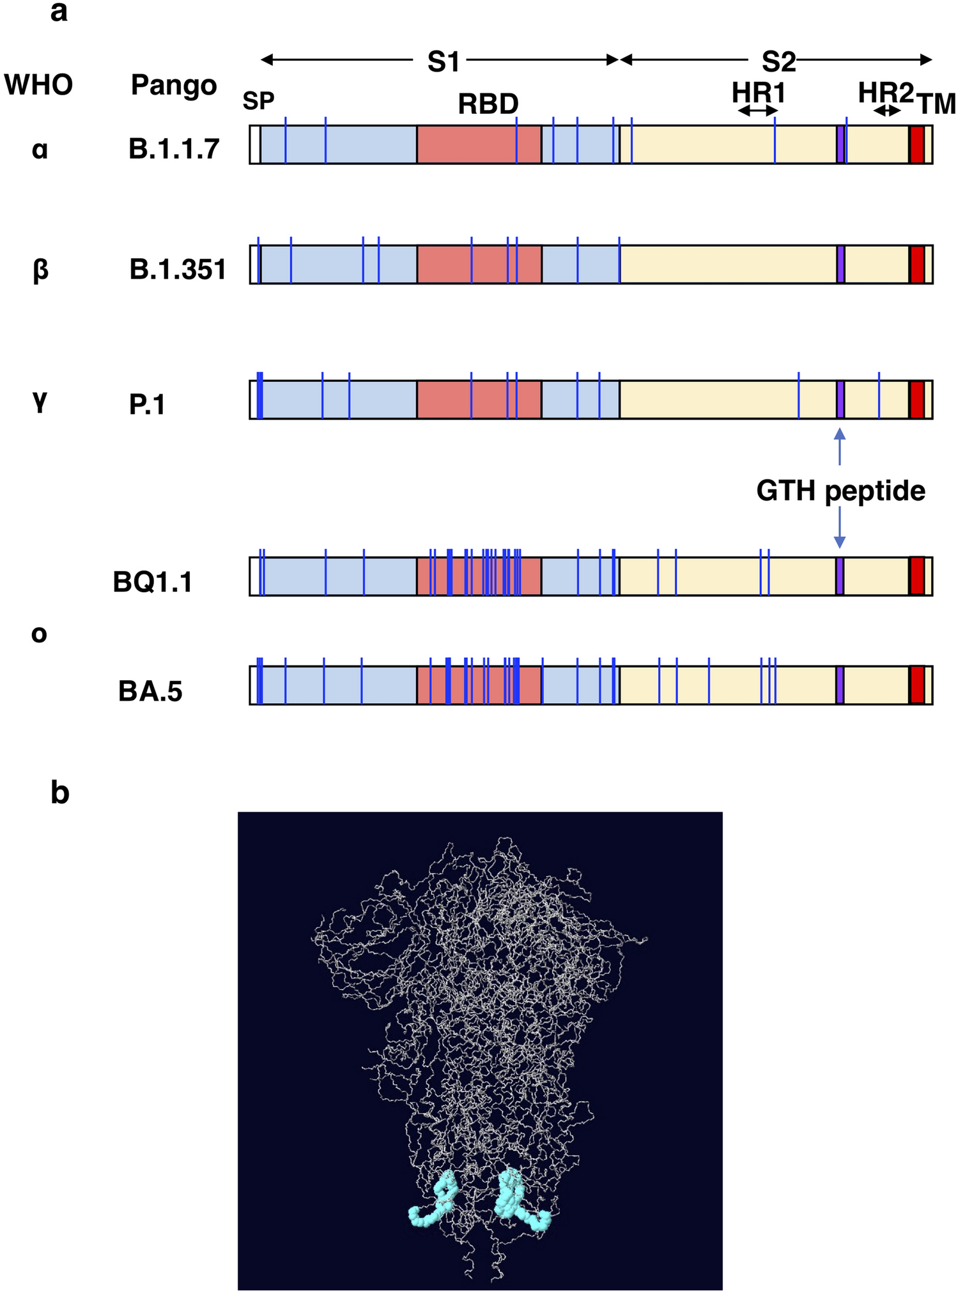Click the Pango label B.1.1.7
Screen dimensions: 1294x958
174,149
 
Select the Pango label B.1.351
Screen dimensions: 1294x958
178,269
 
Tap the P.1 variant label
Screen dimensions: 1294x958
147,405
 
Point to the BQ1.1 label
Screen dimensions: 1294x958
153,582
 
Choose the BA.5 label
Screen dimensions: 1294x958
150,691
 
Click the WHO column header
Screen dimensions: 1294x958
38,84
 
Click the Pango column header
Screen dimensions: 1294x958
174,84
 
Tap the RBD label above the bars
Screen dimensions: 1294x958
488,104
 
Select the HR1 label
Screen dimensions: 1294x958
759,93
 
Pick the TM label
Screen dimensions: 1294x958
937,104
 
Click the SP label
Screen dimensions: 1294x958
258,101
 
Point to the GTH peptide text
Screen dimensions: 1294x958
841,491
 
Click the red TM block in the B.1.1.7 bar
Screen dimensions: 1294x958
917,144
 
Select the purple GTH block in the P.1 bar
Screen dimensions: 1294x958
840,400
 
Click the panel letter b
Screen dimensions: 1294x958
59,793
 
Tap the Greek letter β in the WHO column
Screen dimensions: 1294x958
40,270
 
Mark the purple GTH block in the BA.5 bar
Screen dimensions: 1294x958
840,685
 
